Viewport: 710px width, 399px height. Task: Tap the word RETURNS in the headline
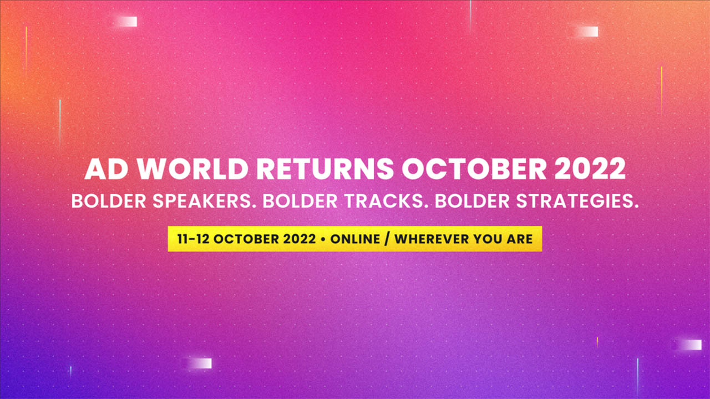[x=325, y=169]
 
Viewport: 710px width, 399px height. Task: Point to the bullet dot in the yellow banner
[x=323, y=239]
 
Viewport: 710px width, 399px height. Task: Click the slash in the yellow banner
[x=387, y=239]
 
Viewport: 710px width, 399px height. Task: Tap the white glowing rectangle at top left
[x=128, y=22]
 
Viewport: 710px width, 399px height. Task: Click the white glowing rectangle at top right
[x=589, y=32]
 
